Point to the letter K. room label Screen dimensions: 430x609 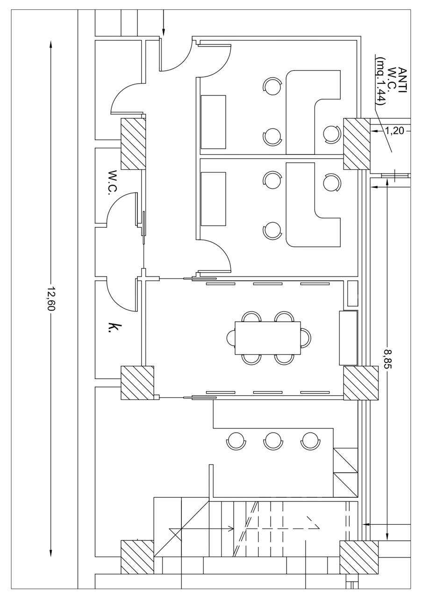pos(111,328)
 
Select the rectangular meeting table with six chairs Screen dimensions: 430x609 pos(268,338)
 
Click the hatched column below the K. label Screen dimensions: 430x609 pos(137,383)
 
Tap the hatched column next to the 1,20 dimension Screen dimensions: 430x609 pos(357,144)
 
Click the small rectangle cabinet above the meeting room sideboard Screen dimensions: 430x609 pos(353,293)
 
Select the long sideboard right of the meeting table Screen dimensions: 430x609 pos(348,338)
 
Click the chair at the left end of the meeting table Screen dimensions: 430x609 pos(231,338)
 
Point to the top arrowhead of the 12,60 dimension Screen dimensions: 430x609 pos(51,44)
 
